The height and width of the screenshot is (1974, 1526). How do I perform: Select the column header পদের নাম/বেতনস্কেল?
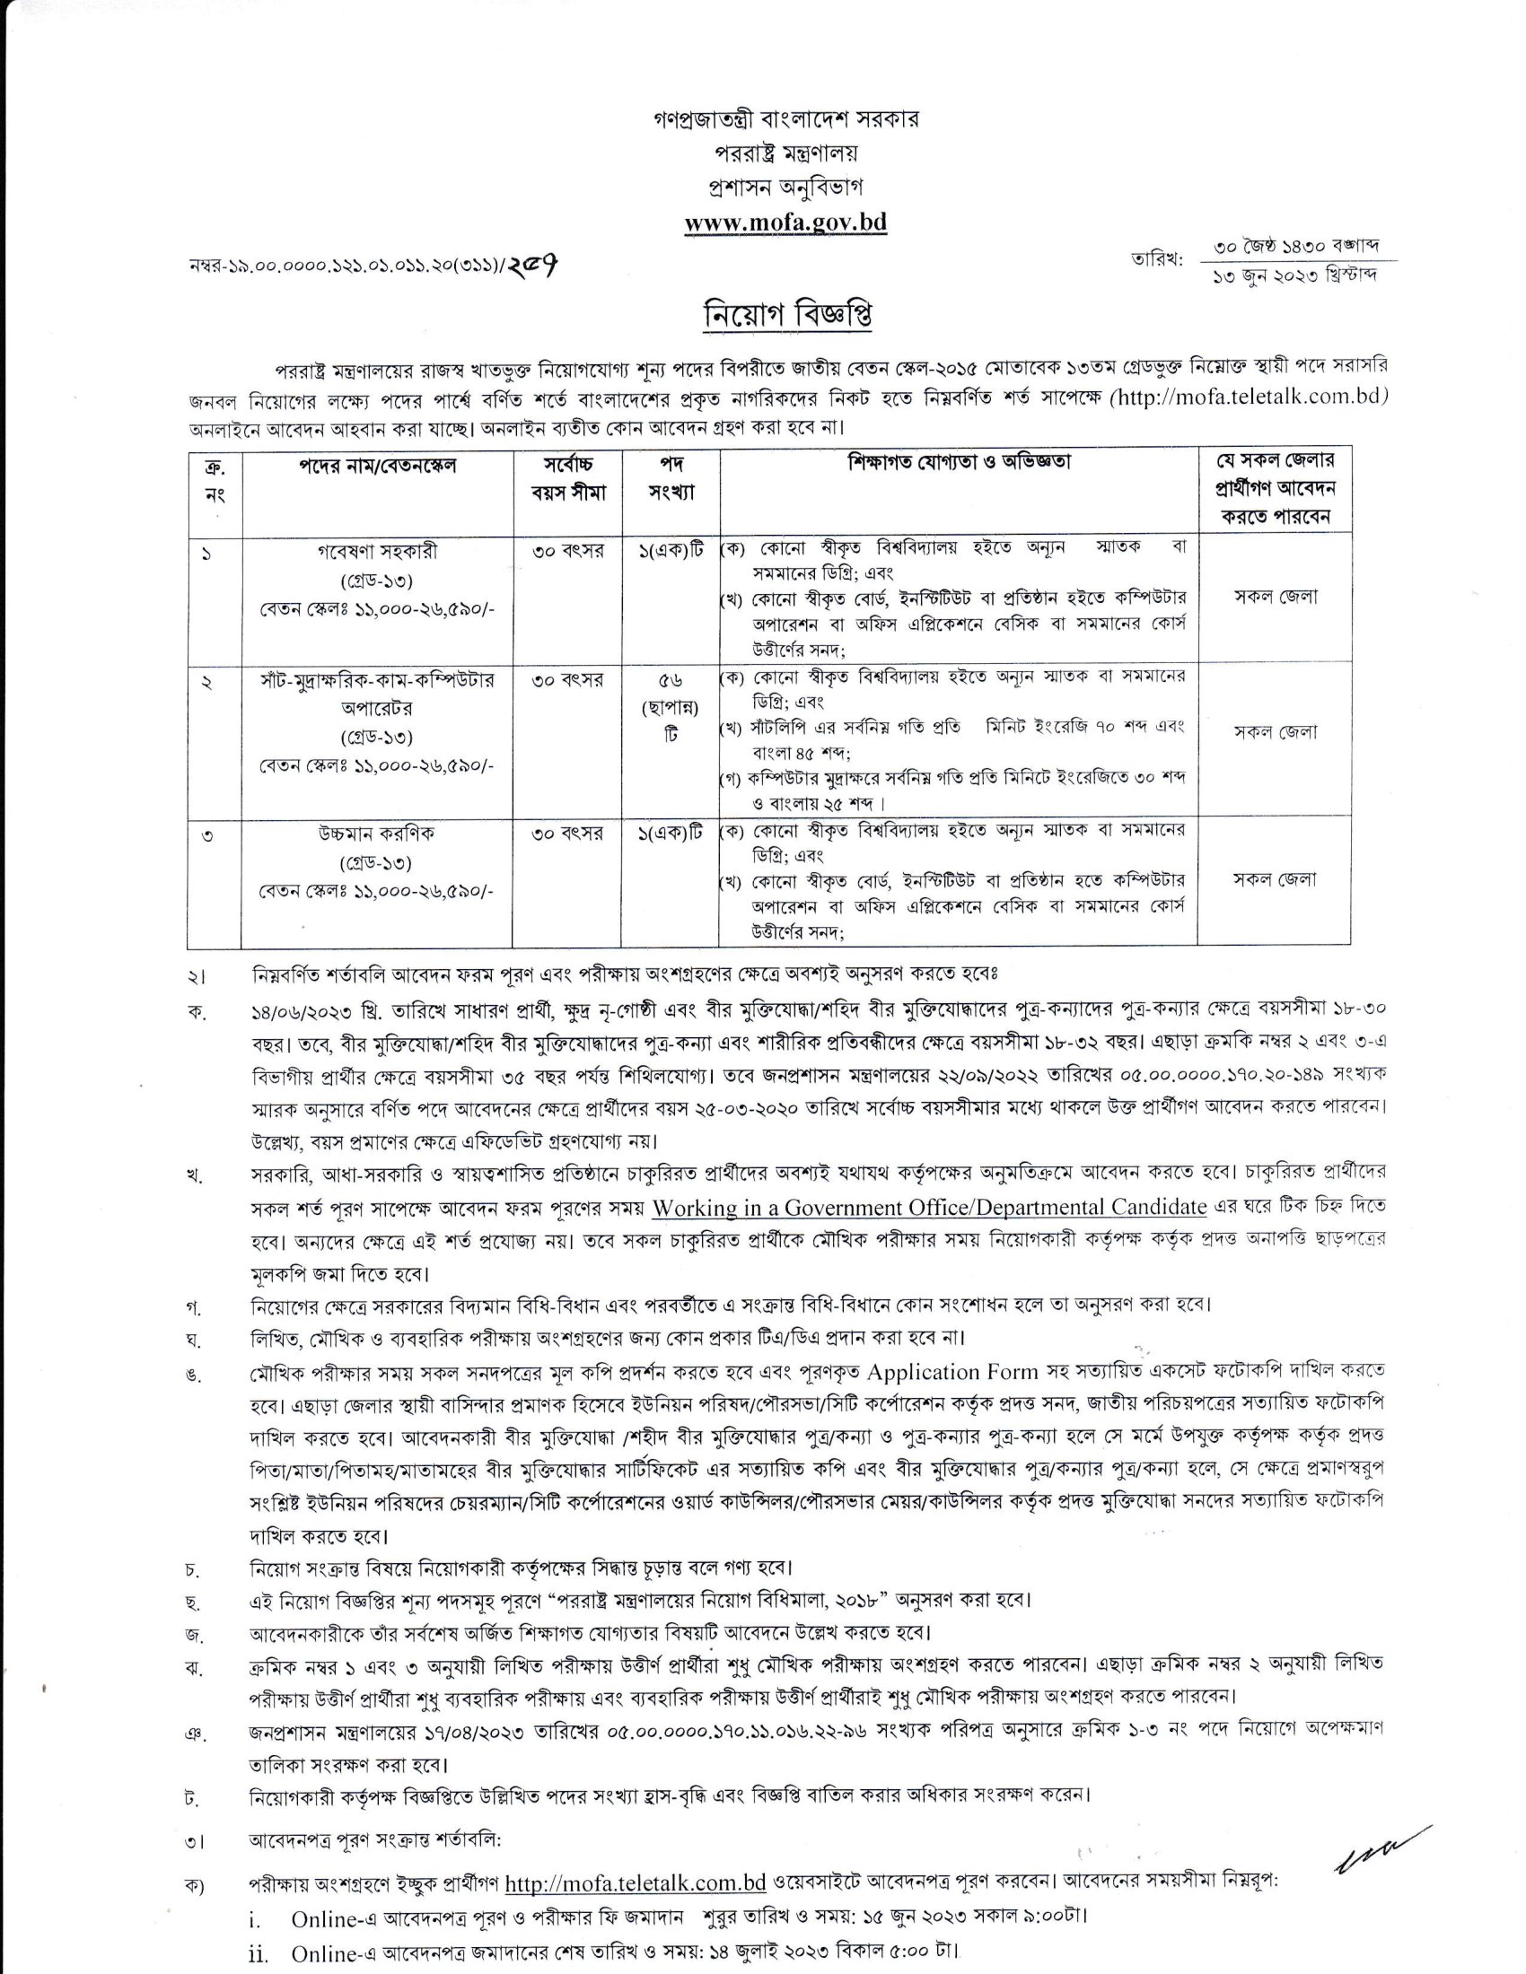click(378, 465)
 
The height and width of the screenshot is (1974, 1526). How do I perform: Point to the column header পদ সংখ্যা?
click(671, 478)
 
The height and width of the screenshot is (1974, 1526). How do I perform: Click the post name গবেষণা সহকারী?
click(378, 549)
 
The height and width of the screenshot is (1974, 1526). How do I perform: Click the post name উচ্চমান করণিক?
click(378, 834)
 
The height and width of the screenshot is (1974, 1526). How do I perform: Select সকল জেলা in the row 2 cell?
click(1276, 732)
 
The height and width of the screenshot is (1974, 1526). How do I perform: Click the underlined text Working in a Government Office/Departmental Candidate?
click(929, 1208)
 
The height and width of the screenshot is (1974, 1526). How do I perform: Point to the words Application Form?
click(952, 1372)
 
